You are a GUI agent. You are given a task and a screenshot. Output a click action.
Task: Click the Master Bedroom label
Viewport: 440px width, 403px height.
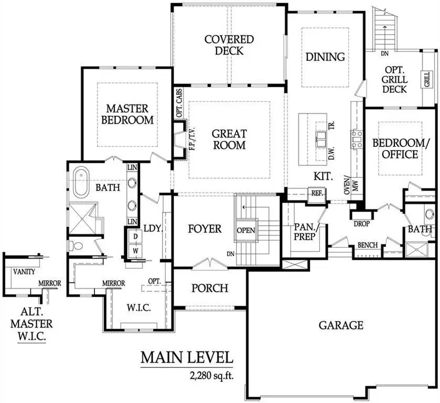pyautogui.click(x=127, y=114)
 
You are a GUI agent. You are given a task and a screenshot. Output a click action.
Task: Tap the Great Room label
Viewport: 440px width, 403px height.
pyautogui.click(x=229, y=139)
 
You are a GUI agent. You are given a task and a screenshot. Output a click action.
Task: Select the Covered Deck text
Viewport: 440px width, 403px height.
pyautogui.click(x=229, y=45)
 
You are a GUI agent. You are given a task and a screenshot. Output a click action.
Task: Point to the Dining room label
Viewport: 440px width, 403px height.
pyautogui.click(x=325, y=57)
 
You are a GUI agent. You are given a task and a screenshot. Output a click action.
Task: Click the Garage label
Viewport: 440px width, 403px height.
pyautogui.click(x=341, y=325)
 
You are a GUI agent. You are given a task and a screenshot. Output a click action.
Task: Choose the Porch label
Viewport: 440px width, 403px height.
pyautogui.click(x=209, y=288)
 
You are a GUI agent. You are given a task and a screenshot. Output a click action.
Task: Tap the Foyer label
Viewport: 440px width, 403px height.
pyautogui.click(x=204, y=229)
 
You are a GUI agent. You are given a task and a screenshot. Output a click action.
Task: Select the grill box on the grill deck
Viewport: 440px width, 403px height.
pyautogui.click(x=426, y=81)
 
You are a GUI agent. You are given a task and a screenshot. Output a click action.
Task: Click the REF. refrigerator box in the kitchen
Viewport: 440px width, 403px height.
pyautogui.click(x=317, y=193)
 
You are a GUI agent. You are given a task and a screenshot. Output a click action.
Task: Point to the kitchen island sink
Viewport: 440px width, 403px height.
pyautogui.click(x=320, y=138)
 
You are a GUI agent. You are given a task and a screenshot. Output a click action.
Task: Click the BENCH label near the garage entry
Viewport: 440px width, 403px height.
pyautogui.click(x=367, y=245)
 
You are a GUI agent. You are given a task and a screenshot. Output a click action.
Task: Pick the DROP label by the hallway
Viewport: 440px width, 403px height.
pyautogui.click(x=362, y=224)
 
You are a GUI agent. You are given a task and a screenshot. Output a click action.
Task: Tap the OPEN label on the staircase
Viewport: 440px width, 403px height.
pyautogui.click(x=245, y=230)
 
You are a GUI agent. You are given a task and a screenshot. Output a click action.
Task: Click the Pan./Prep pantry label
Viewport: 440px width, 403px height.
pyautogui.click(x=304, y=231)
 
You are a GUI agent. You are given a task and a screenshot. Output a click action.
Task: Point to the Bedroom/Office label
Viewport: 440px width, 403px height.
pyautogui.click(x=395, y=149)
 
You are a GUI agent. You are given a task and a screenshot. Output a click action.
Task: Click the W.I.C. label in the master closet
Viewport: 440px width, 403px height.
pyautogui.click(x=139, y=308)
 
